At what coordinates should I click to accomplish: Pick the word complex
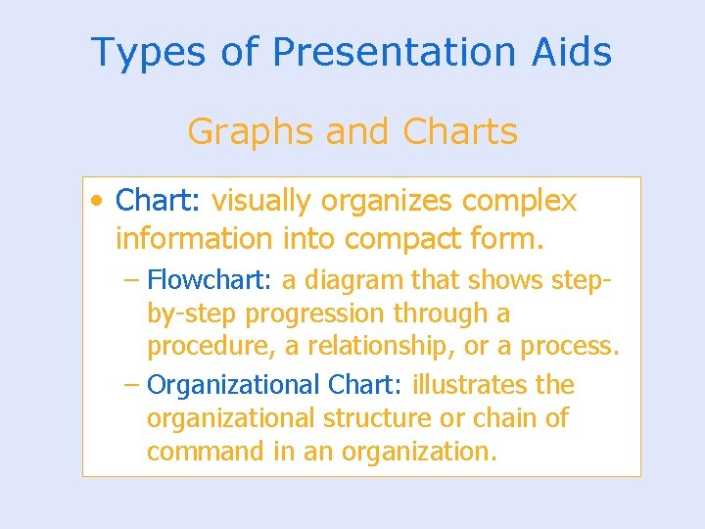coord(519,202)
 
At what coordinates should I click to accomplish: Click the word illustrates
coord(462,385)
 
